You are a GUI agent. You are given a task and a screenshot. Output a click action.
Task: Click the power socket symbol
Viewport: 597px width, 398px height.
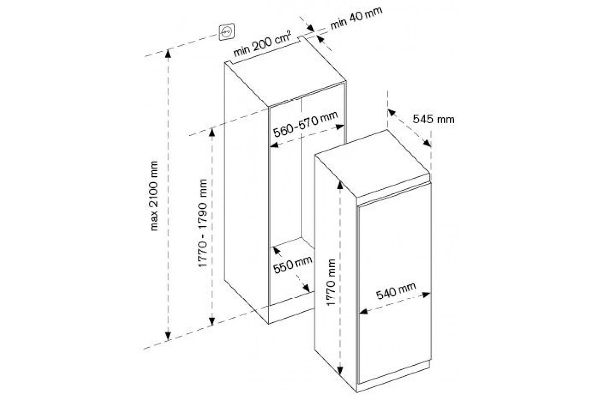[x=227, y=32]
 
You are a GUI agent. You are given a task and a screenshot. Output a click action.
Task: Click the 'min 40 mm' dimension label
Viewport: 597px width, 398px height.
[x=356, y=18]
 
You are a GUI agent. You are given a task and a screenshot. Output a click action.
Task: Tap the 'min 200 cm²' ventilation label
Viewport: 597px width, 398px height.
[x=262, y=44]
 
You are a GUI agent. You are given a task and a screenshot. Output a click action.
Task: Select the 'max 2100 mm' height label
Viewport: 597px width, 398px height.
[x=154, y=196]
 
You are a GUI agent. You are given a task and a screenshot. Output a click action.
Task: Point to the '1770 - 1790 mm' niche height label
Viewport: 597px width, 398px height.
[x=202, y=223]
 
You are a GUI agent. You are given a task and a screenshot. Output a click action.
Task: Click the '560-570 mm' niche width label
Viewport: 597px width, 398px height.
[x=305, y=124]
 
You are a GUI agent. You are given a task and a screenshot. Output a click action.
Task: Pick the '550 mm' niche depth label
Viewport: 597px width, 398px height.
[x=293, y=265]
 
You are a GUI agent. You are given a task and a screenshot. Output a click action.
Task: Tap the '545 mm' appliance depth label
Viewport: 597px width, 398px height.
[x=434, y=119]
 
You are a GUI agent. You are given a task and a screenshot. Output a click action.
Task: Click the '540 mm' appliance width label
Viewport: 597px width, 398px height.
[x=396, y=291]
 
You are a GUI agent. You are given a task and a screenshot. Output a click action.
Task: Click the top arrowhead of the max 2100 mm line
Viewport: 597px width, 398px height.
[x=168, y=54]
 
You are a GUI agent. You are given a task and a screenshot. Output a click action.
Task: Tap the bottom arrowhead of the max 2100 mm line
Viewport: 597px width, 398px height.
[x=168, y=336]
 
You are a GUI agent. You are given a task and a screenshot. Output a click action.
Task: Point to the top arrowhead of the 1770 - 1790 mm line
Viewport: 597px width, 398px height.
[x=212, y=132]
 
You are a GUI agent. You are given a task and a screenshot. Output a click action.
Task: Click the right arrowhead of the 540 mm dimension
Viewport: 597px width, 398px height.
[x=426, y=295]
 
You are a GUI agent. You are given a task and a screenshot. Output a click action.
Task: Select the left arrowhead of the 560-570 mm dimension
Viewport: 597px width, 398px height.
[x=274, y=145]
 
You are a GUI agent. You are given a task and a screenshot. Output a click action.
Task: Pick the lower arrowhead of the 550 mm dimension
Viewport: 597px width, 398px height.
[x=307, y=288]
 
